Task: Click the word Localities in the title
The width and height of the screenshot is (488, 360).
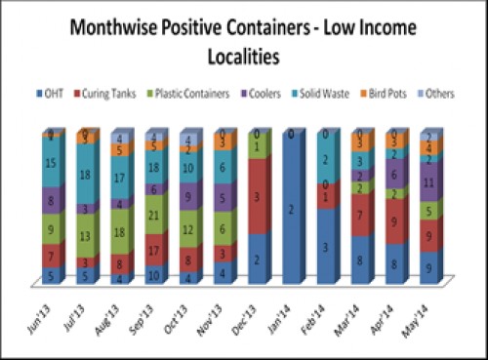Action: tap(244, 57)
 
